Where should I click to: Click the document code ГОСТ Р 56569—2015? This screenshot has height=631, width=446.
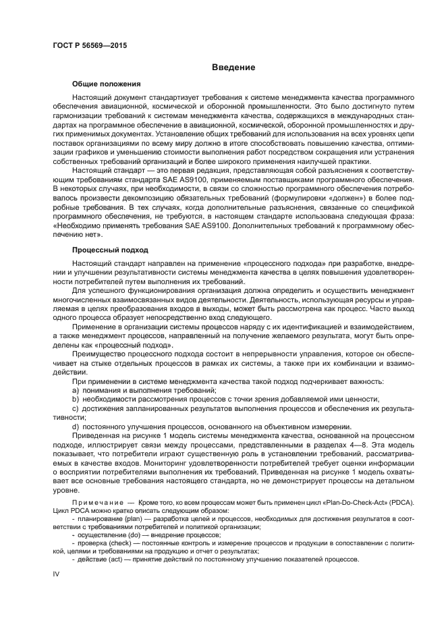pos(89,45)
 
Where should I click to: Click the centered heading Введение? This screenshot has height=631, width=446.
pos(233,67)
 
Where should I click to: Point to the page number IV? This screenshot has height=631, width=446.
pos(57,573)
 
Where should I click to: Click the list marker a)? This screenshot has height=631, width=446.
pos(76,391)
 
